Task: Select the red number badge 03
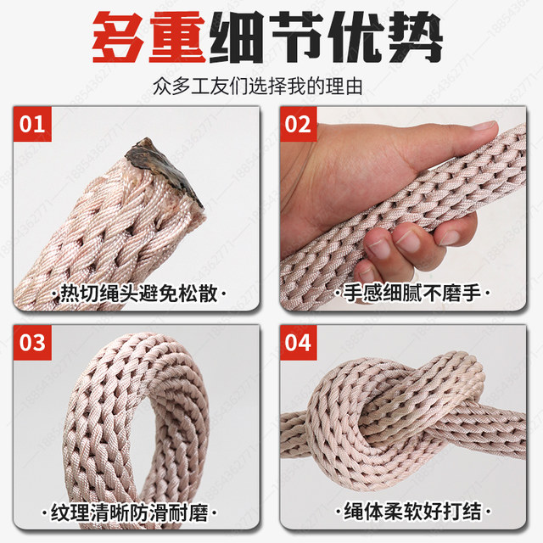pos(32,344)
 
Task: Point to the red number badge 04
pos(299,344)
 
